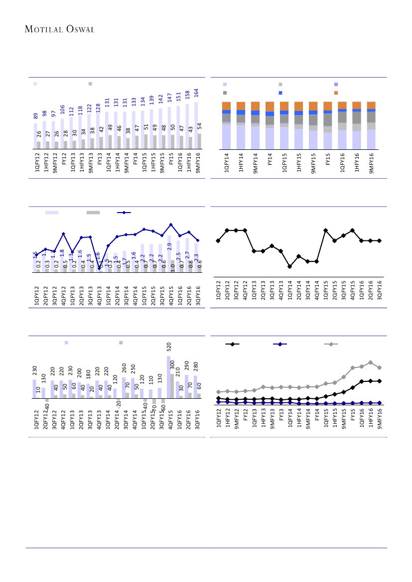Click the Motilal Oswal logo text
click(x=60, y=29)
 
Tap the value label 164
click(x=196, y=93)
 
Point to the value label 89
click(x=36, y=116)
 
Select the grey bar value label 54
click(x=199, y=126)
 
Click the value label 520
click(x=169, y=348)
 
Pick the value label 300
click(x=172, y=365)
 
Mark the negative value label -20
click(x=119, y=402)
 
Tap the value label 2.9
click(x=169, y=245)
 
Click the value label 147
click(x=170, y=98)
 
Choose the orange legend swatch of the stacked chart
click(x=336, y=93)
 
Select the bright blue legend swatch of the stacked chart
click(x=280, y=93)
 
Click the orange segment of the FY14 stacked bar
click(x=270, y=106)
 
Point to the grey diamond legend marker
click(x=331, y=344)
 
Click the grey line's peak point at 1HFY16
click(x=370, y=362)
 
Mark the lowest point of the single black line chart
click(x=289, y=266)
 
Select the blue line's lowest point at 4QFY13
click(x=99, y=268)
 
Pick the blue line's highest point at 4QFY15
click(x=171, y=225)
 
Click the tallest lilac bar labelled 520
click(x=168, y=376)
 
